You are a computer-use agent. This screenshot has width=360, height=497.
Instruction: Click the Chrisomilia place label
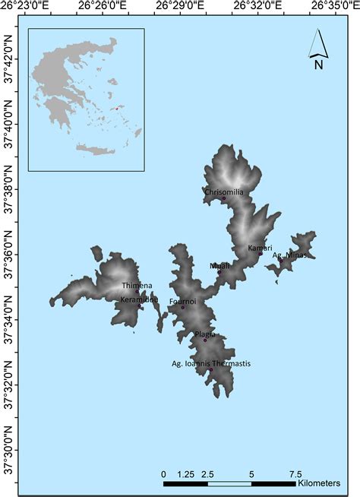224,192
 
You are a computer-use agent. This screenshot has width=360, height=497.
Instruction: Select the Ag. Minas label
289,255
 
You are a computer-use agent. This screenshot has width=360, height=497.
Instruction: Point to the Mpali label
219,265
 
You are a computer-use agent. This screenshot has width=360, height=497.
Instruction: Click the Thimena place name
137,286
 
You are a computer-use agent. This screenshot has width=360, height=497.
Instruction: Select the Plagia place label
205,334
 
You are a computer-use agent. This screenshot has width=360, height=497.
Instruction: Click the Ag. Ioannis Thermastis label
211,364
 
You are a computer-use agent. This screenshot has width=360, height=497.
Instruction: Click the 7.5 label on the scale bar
295,473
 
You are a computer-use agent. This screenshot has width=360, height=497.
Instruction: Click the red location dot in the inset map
117,108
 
